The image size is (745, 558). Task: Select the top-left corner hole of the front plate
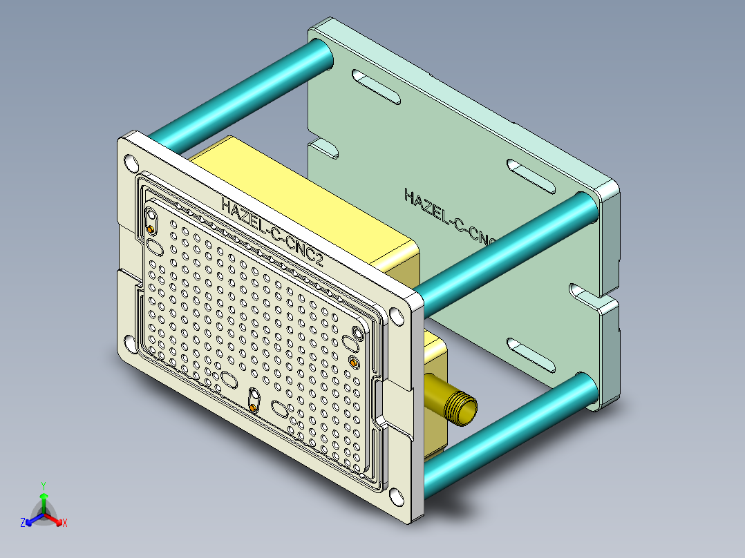tap(131, 163)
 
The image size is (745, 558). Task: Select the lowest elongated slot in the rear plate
tap(532, 354)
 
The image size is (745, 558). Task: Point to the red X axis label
tap(65, 523)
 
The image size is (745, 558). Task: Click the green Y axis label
tap(44, 485)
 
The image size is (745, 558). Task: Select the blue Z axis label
tap(23, 523)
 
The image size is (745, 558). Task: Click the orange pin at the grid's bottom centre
tap(254, 409)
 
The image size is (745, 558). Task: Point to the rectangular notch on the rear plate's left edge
tap(323, 148)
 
